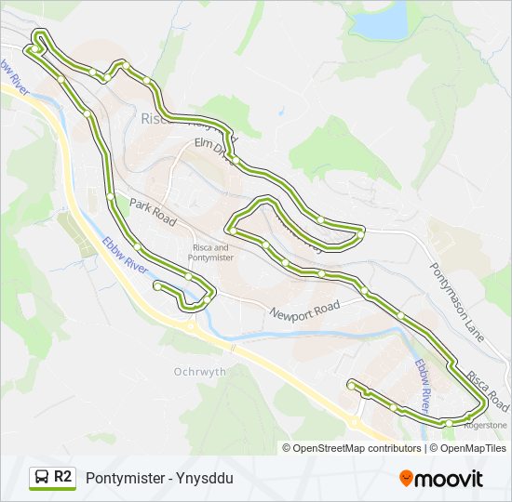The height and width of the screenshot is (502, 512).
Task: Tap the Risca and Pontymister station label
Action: [x=210, y=253]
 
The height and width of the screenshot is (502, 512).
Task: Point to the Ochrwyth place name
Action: [x=199, y=371]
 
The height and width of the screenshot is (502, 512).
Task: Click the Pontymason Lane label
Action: [x=457, y=303]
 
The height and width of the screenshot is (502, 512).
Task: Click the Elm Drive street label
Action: [x=210, y=147]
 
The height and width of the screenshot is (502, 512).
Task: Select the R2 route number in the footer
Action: [x=62, y=477]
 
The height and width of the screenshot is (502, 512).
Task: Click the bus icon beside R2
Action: [x=42, y=478]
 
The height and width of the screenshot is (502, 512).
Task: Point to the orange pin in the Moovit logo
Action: [x=407, y=479]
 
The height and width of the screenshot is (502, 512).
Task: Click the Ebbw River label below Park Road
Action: [x=125, y=253]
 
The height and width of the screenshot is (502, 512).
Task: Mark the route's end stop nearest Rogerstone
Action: [x=351, y=383]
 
